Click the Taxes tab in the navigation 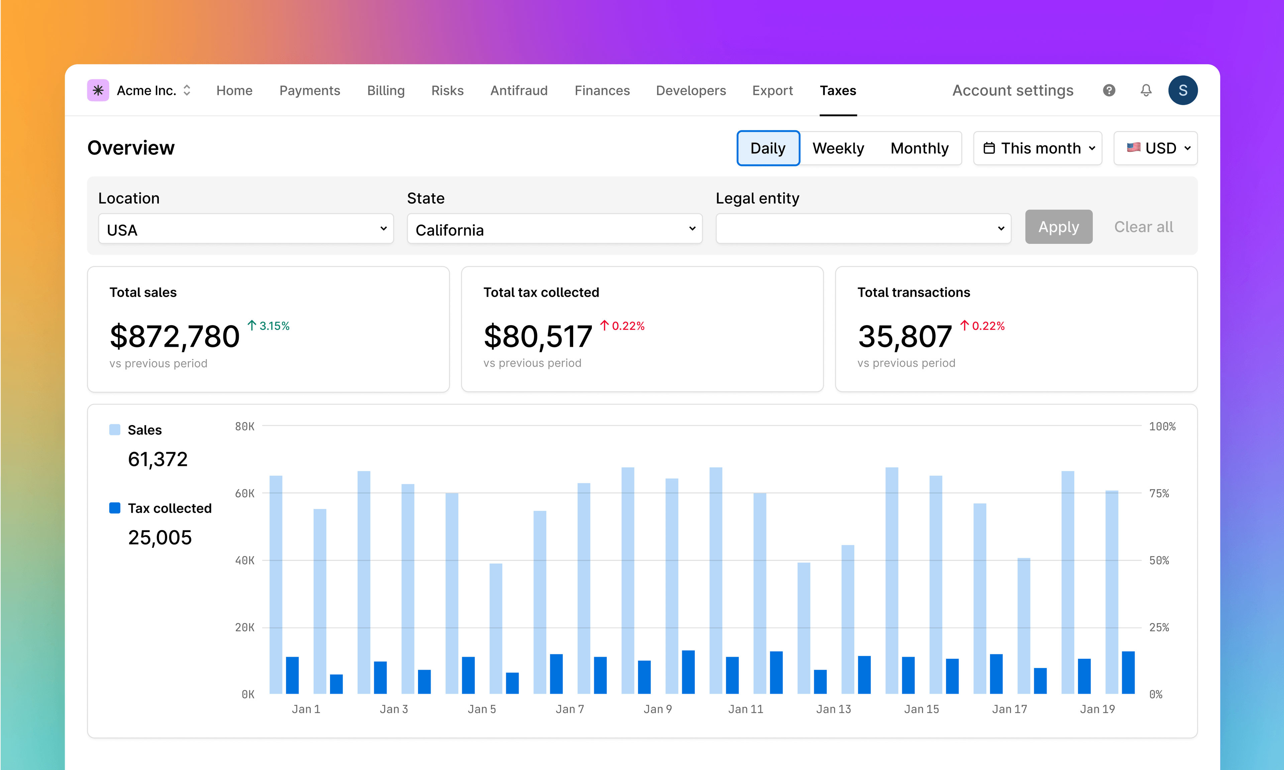point(838,91)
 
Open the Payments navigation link point(309,91)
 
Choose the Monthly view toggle point(919,148)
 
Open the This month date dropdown point(1038,148)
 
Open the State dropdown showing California point(554,229)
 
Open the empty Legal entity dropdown point(863,229)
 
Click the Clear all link point(1143,227)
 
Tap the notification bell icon point(1146,91)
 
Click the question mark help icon point(1109,91)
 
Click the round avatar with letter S point(1183,91)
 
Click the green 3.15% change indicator point(269,326)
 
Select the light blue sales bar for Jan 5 point(496,628)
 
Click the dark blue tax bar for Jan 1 point(292,674)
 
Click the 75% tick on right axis point(1159,493)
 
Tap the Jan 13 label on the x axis point(834,709)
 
